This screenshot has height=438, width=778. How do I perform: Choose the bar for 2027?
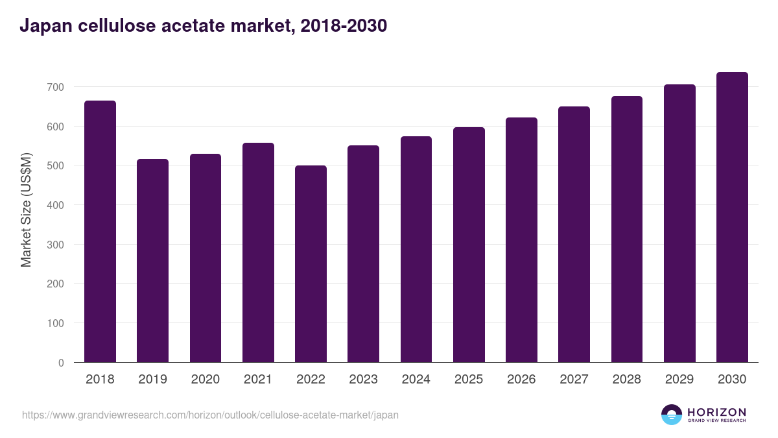pos(574,234)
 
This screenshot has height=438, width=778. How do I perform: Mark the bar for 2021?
pos(258,252)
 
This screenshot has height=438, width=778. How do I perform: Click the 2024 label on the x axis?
pos(416,380)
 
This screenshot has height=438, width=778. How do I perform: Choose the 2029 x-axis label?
pos(679,380)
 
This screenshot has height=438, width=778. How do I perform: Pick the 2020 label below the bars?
pos(205,380)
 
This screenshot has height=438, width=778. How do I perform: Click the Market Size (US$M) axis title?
pos(26,210)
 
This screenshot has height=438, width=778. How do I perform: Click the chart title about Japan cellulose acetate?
pos(203,26)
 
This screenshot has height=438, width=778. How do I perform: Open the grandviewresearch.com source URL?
pos(210,415)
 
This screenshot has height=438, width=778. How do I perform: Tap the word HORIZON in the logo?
pos(716,411)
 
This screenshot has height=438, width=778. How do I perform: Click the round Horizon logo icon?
pos(672,415)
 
